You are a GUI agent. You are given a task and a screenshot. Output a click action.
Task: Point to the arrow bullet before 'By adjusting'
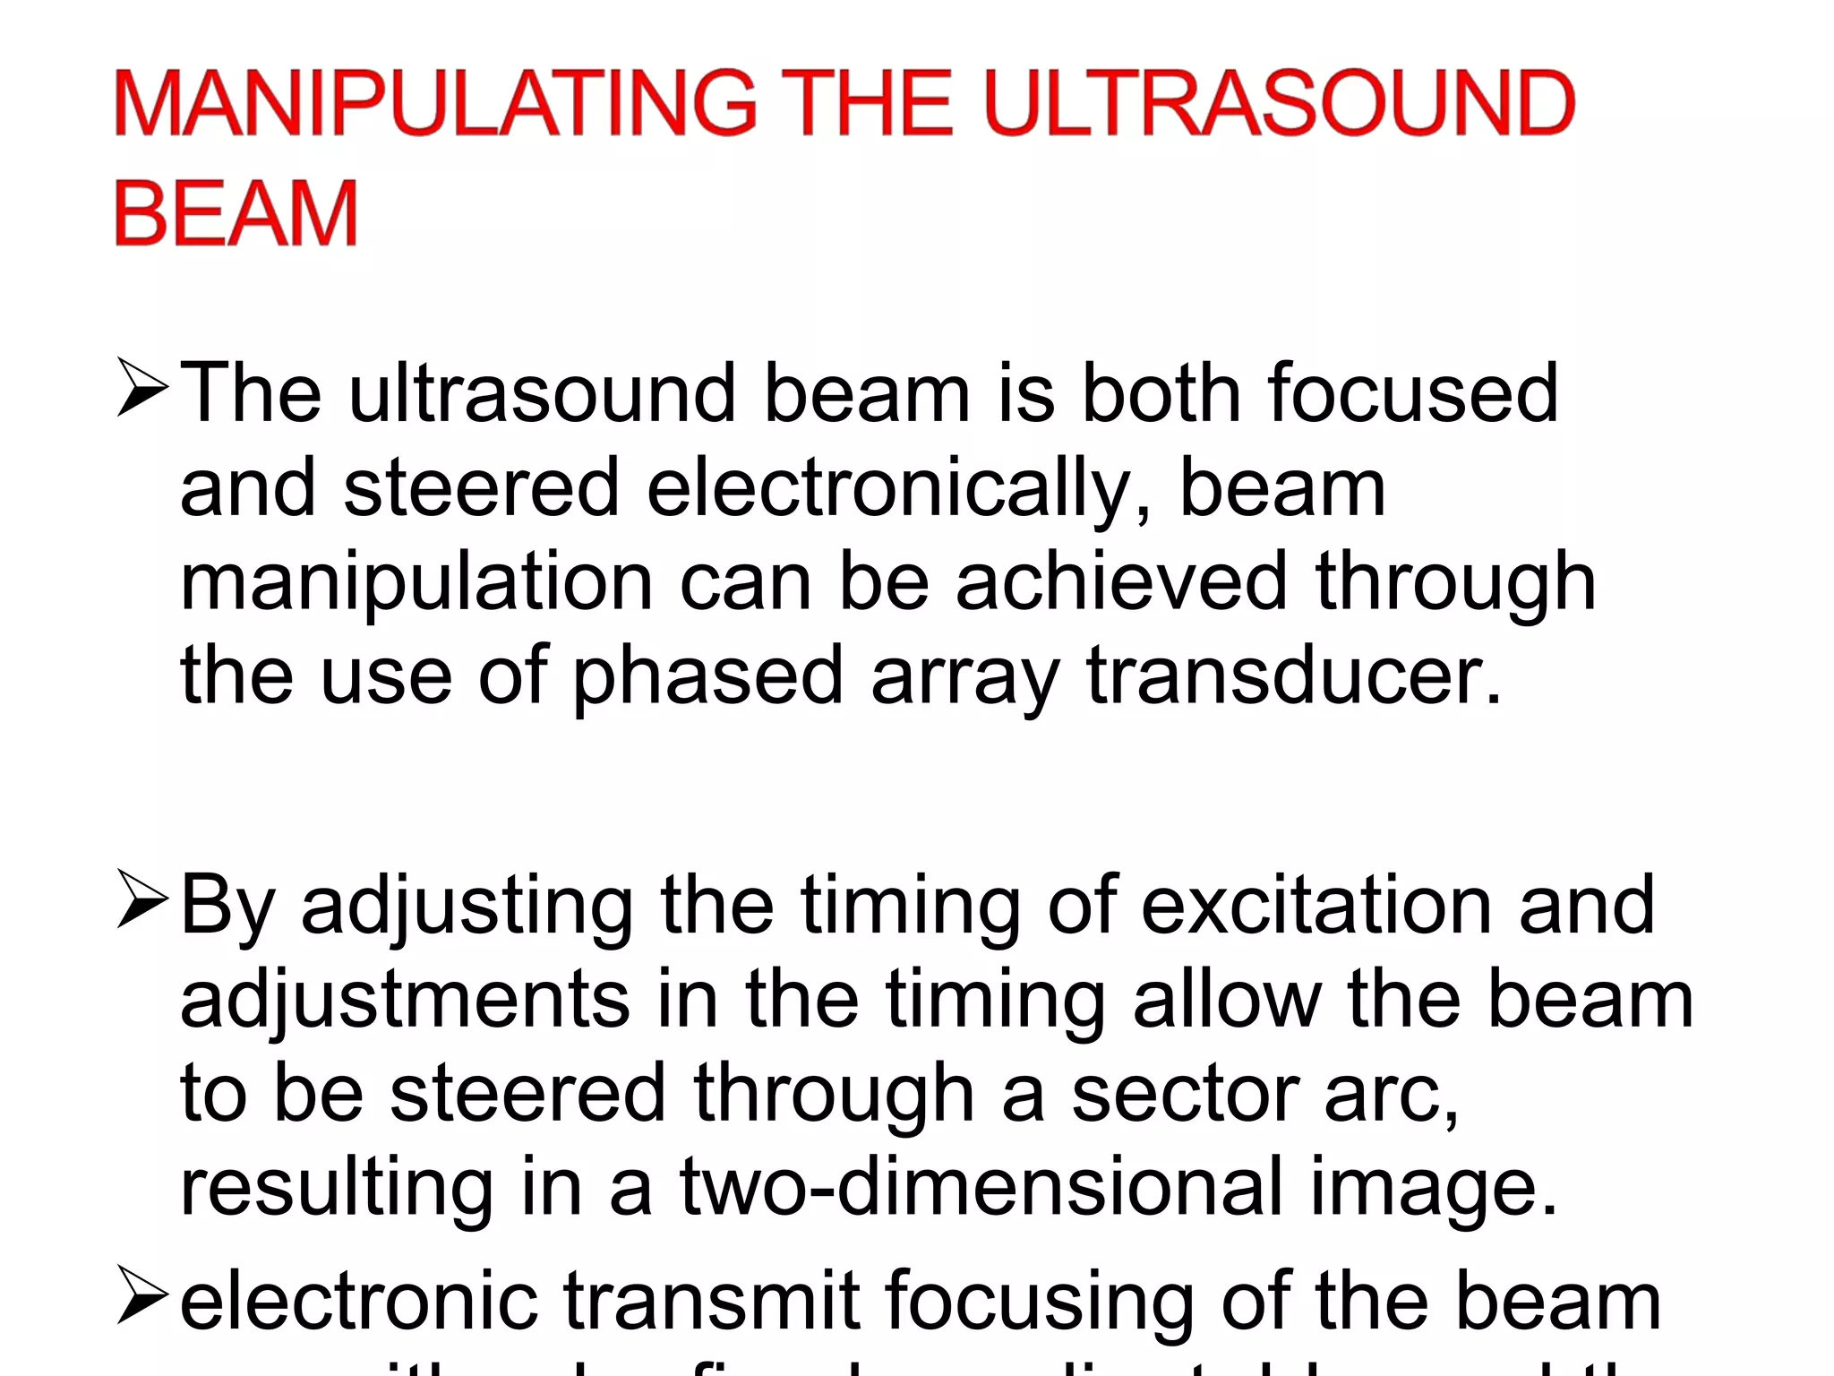(141, 899)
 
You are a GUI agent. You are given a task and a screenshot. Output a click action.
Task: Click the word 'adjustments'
(405, 1002)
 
